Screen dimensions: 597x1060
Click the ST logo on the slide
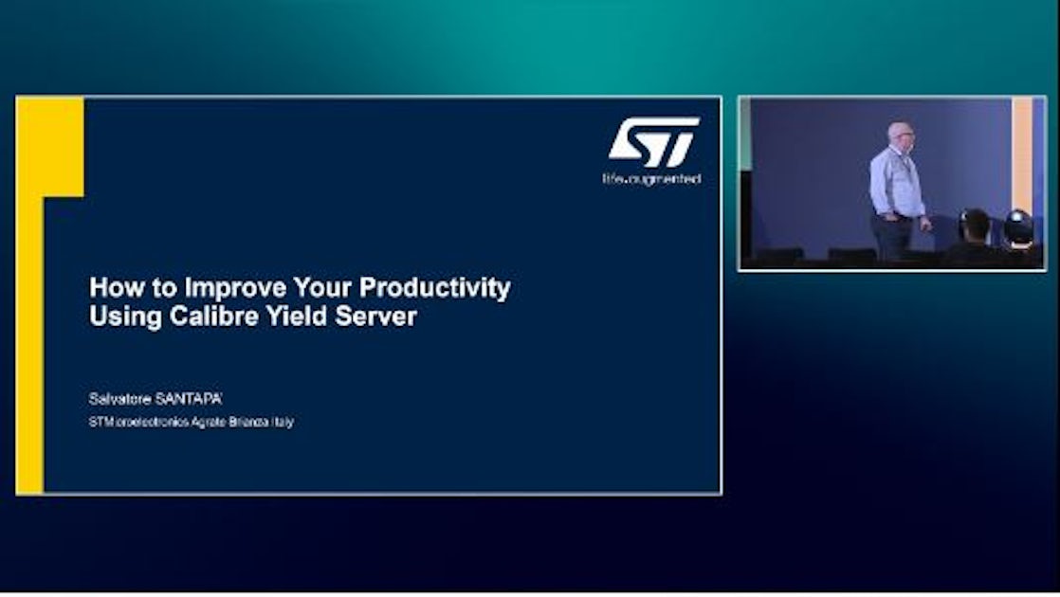pos(653,142)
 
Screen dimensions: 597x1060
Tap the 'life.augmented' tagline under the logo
pos(651,179)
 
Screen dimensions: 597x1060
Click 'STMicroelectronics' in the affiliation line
pos(135,422)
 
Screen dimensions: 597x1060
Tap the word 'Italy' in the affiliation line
pos(283,422)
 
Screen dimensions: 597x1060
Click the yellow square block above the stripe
pos(49,147)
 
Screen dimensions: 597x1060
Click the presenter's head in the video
pos(900,136)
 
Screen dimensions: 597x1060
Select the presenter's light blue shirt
pos(896,183)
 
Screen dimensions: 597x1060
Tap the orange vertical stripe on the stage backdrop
pos(1021,161)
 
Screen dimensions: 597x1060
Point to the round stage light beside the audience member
pos(1017,226)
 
